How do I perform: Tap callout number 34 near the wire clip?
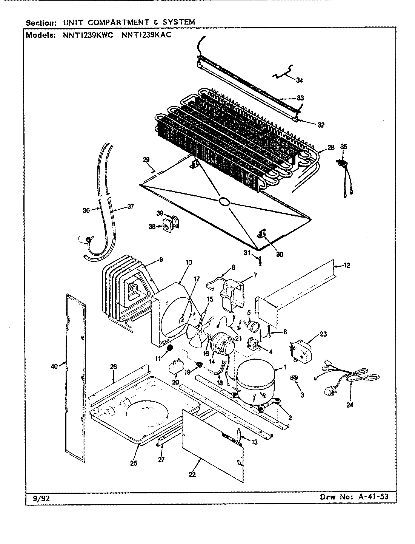(x=299, y=80)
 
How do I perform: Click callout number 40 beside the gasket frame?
(x=54, y=366)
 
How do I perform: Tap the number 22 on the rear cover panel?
(x=192, y=474)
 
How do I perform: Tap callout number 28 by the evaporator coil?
(x=330, y=148)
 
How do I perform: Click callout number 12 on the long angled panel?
(x=346, y=266)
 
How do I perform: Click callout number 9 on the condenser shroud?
(x=161, y=260)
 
